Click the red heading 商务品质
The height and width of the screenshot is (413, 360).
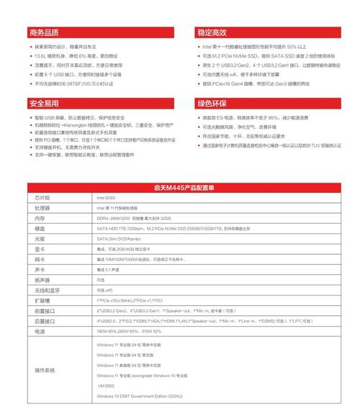tap(45, 33)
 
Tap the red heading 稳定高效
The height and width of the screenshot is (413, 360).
tap(212, 33)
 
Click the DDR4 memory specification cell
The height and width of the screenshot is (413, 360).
tap(133, 217)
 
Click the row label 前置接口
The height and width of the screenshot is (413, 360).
tap(45, 310)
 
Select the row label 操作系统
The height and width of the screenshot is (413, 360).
tap(45, 370)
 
